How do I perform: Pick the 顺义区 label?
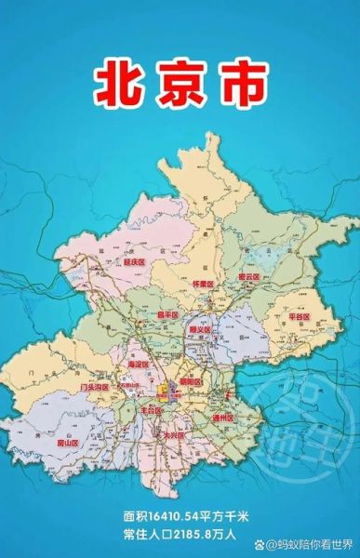click(201, 328)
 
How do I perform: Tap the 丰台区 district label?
click(151, 409)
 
